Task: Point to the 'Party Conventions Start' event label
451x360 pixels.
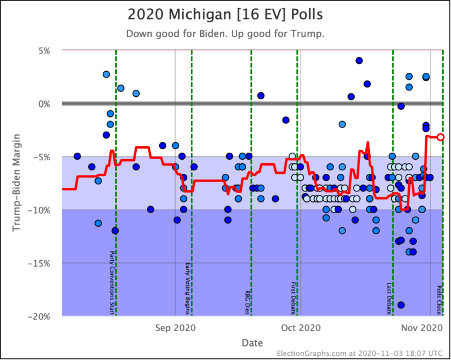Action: [112, 282]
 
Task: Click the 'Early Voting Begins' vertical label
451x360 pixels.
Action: [187, 287]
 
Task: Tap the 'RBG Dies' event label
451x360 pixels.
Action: [247, 302]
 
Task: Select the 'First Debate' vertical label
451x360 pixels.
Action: [293, 299]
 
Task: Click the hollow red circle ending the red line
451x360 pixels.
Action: [440, 137]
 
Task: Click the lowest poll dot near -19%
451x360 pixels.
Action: [401, 305]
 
